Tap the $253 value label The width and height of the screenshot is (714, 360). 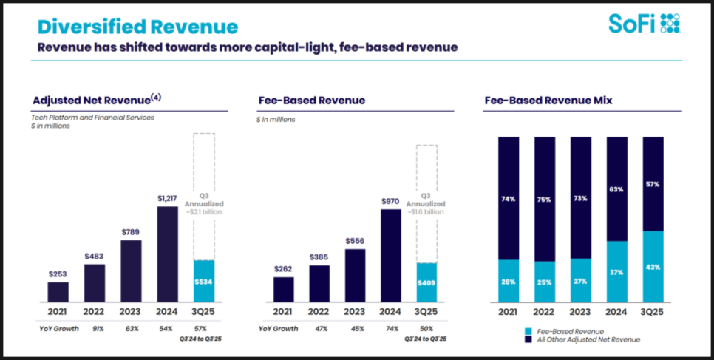(x=58, y=274)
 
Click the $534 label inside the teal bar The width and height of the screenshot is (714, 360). (x=203, y=281)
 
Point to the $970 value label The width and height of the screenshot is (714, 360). (x=390, y=201)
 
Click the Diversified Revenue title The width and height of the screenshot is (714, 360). (x=138, y=27)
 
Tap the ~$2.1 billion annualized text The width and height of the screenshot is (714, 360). (x=204, y=211)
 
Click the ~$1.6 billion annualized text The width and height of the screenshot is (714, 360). (x=426, y=211)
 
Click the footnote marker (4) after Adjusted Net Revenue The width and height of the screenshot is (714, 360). (x=156, y=97)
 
